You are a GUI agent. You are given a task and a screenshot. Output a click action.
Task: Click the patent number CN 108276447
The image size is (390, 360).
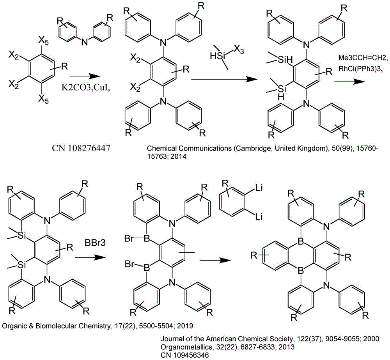81,149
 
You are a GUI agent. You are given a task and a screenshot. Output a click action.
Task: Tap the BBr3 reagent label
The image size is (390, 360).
95,242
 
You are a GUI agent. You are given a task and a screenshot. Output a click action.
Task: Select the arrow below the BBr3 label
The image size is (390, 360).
90,257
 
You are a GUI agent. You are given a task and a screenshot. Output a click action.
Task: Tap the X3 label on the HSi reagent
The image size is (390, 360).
239,50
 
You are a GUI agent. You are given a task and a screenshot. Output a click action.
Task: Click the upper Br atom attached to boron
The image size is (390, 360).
129,239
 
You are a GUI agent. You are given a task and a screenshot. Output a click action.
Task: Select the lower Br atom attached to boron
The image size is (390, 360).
129,264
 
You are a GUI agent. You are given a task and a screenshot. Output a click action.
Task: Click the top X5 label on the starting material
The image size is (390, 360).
43,40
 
